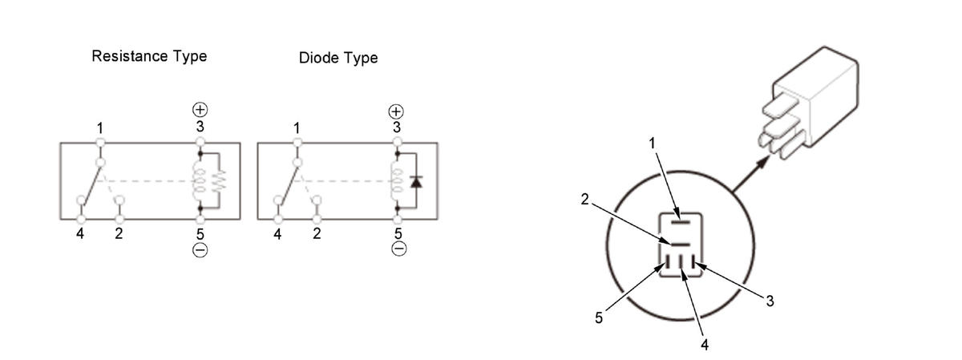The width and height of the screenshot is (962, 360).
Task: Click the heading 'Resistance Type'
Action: point(149,57)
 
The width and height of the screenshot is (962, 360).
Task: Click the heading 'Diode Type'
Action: point(338,58)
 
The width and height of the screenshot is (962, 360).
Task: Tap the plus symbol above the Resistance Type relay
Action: point(200,110)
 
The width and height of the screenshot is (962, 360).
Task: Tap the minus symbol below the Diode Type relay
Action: point(399,249)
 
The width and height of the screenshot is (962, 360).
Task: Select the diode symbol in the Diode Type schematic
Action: point(416,182)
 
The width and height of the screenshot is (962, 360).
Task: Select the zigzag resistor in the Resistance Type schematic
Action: point(220,180)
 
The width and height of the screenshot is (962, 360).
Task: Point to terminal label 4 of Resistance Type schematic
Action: point(80,234)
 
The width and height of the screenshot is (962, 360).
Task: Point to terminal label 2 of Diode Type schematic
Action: point(317,233)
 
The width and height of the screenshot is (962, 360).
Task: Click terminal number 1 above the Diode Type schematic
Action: point(297,128)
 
